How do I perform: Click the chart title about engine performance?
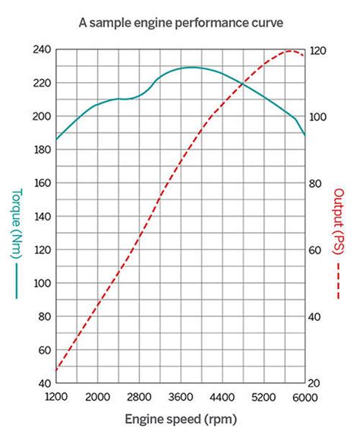point(181,23)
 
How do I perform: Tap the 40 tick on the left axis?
point(43,383)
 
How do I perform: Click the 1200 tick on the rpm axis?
point(56,398)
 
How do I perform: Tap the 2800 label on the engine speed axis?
point(139,398)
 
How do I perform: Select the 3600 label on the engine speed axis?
point(181,398)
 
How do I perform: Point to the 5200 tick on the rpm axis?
point(264,398)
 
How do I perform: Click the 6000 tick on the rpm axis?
point(305,398)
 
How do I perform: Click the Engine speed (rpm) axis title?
point(180,419)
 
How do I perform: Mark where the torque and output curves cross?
point(241,81)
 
